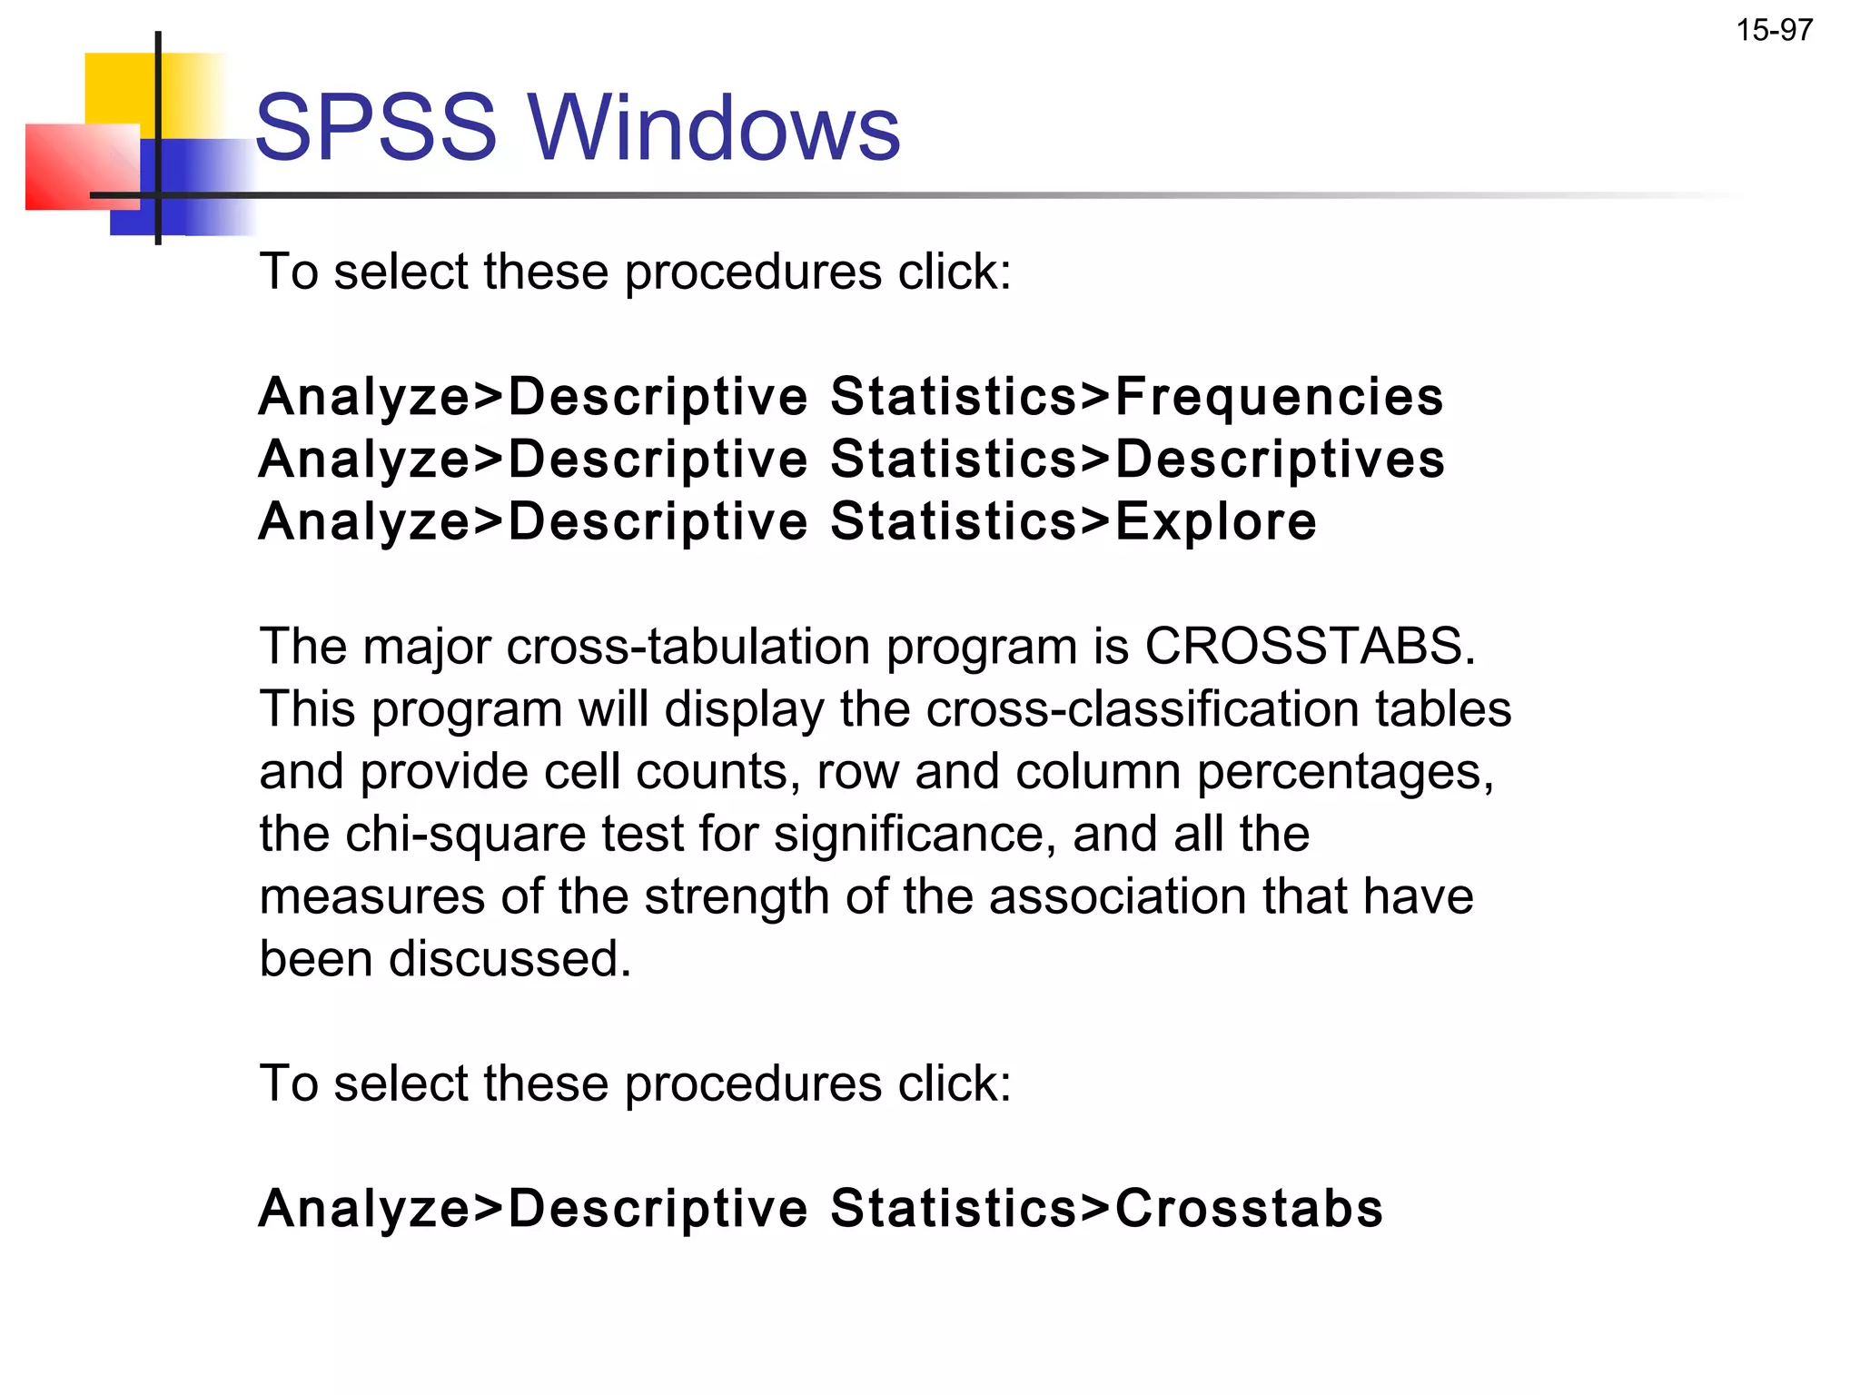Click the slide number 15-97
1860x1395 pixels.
point(1774,31)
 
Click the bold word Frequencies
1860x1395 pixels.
point(1279,398)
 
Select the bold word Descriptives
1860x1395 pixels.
point(1280,460)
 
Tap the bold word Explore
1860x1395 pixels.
point(1215,522)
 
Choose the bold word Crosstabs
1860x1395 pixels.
point(1249,1209)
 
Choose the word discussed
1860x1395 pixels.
point(510,959)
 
